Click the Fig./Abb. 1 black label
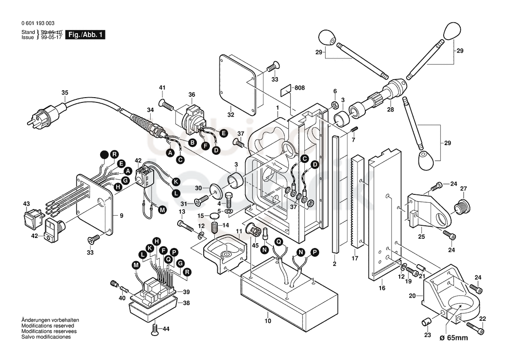(x=85, y=35)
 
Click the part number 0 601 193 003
(x=38, y=23)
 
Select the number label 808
(x=300, y=88)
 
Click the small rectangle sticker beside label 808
(x=286, y=90)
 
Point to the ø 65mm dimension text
(x=454, y=338)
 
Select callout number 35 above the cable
(x=65, y=92)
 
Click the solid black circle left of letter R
(x=104, y=155)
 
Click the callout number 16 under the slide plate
(x=382, y=288)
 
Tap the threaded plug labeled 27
(x=461, y=207)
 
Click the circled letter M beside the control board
(x=136, y=265)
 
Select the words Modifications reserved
(x=48, y=326)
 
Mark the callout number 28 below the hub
(x=391, y=109)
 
